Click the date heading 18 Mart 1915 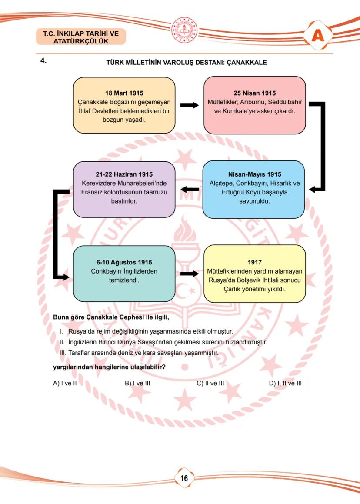coord(124,93)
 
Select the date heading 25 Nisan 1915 coord(254,93)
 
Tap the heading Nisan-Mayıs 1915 coord(254,174)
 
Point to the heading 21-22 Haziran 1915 coord(124,174)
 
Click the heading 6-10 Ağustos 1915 coord(124,262)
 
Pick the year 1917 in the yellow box coord(254,262)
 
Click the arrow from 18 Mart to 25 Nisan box coord(189,105)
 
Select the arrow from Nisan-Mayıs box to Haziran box coord(190,189)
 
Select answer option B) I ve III coord(137,383)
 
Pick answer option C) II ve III coord(210,383)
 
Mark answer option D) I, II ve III coord(285,383)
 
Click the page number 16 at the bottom coord(184,478)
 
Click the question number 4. coord(43,61)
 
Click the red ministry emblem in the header coord(184,30)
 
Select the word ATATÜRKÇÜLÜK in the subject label coord(81,41)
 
